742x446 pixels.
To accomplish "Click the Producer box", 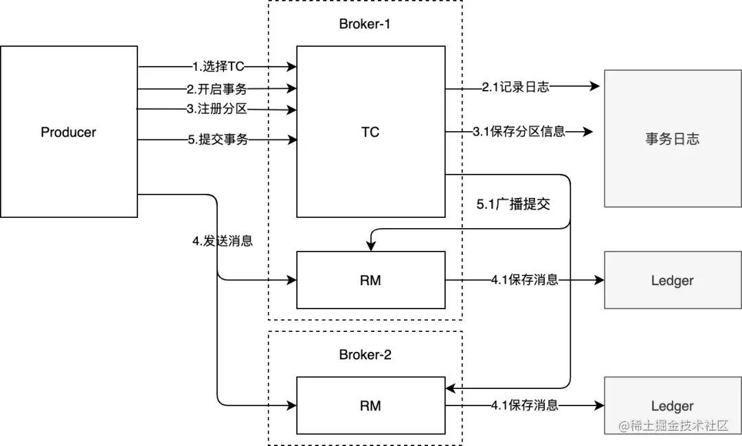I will [69, 132].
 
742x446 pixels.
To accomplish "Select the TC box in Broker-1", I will [370, 132].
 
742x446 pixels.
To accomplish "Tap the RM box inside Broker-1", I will [370, 280].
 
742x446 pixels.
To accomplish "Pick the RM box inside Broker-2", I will [370, 405].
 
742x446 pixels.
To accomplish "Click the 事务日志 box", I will [672, 139].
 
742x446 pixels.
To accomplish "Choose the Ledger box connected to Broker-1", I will [672, 280].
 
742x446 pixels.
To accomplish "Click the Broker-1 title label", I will [365, 24].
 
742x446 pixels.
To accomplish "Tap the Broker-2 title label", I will [365, 355].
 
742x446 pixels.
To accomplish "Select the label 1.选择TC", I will [218, 67].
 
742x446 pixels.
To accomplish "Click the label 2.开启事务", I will [217, 89].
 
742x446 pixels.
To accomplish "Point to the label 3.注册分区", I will [217, 109].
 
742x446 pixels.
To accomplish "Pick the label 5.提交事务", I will [218, 140].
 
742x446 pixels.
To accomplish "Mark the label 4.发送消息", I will [223, 241].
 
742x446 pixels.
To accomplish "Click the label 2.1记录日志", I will [515, 87].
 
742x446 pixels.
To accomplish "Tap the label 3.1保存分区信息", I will [519, 131].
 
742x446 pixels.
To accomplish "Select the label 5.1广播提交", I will [514, 205].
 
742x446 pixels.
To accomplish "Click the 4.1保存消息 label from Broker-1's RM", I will [524, 280].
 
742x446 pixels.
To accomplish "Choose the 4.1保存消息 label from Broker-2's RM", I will [524, 405].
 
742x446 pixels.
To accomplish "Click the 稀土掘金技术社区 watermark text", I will [673, 426].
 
